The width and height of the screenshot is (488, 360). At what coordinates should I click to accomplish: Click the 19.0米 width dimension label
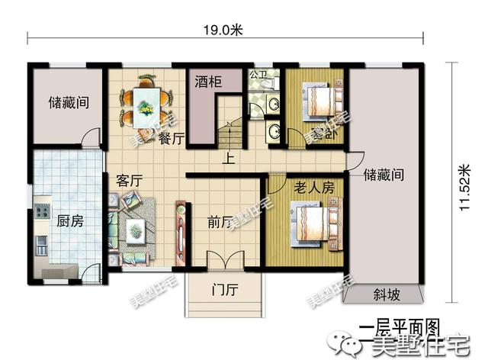(x=222, y=31)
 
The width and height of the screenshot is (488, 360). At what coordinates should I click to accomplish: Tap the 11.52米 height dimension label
(x=464, y=188)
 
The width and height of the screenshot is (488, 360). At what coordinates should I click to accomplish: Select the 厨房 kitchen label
(x=69, y=223)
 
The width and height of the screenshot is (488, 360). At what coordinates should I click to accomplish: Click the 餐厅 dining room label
(x=172, y=138)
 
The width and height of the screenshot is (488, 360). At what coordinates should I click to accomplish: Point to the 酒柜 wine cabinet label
(x=207, y=81)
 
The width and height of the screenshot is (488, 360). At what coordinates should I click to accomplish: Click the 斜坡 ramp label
(x=385, y=294)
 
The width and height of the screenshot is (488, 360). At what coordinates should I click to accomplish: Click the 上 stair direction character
(x=228, y=159)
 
